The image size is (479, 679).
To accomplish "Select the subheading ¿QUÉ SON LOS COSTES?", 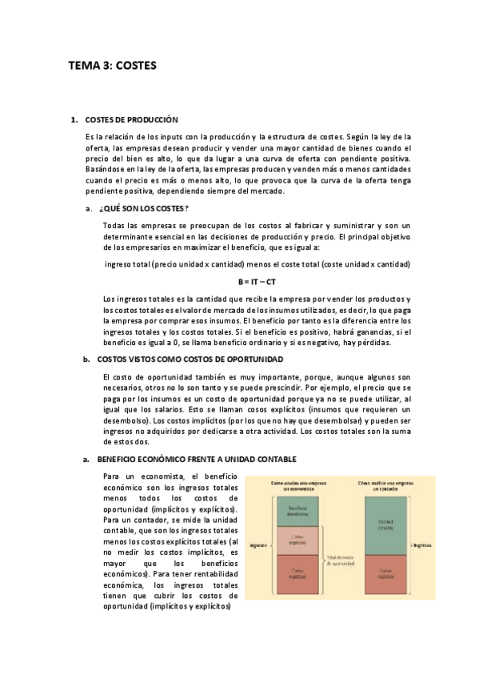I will tap(144, 208).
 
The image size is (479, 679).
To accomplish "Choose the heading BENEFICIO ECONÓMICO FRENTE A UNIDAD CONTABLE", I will tap(197, 460).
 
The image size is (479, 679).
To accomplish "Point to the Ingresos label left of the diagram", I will tap(258, 545).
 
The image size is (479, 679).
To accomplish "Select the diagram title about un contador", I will tap(386, 485).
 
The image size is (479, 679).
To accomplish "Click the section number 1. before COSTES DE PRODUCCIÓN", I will tap(74, 120).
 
